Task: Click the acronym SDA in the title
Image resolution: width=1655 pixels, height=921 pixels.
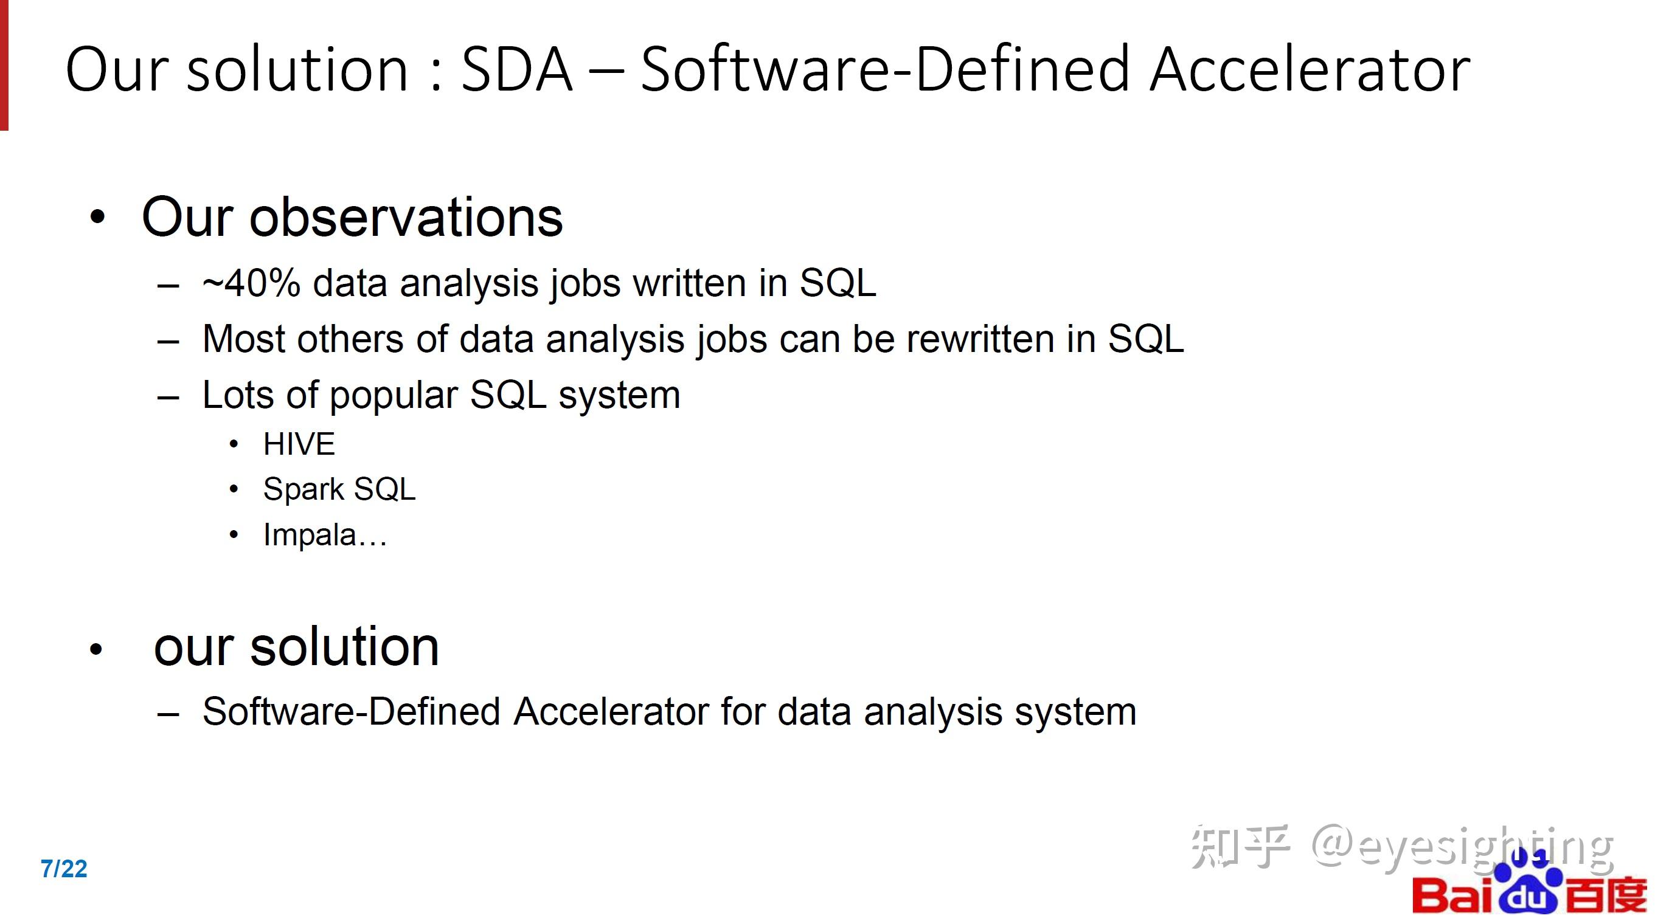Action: (x=516, y=69)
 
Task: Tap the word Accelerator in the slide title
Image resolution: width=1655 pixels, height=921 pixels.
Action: (x=1310, y=69)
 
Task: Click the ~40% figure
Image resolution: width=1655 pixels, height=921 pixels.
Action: (x=251, y=283)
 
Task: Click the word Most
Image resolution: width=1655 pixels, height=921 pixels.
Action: (x=243, y=339)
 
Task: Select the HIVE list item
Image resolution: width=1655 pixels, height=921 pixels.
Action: (x=299, y=444)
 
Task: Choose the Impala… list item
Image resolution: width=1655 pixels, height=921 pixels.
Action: (x=325, y=535)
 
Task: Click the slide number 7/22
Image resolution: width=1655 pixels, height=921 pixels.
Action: (x=64, y=868)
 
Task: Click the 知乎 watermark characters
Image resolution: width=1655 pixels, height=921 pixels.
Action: (x=1240, y=846)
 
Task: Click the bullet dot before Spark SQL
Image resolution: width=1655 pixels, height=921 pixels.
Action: (x=234, y=490)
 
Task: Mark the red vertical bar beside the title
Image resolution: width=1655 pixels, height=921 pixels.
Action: (x=4, y=65)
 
